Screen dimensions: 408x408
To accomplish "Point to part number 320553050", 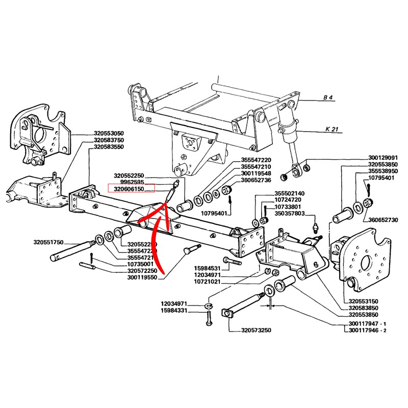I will click(109, 133).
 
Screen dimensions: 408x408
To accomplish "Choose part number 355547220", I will click(256, 160).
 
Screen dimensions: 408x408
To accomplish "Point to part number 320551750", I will click(49, 242).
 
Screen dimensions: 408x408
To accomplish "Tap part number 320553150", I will click(364, 301).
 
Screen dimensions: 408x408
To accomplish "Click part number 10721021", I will click(207, 282).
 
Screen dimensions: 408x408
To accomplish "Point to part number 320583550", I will click(109, 147).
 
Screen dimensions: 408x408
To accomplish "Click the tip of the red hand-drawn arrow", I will click(164, 204).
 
